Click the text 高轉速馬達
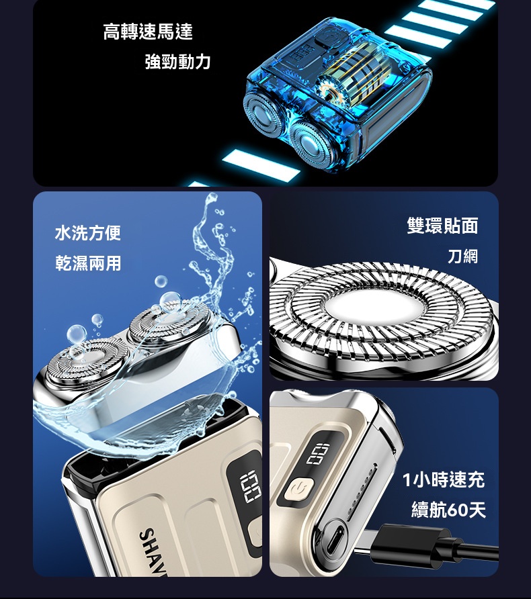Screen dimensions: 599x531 [x=148, y=32]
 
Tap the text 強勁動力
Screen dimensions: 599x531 [x=177, y=62]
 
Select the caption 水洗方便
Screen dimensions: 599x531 [x=88, y=234]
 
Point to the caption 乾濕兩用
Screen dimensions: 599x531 [x=88, y=263]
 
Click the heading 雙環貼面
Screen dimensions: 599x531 [x=442, y=226]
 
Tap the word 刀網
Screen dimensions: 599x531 [x=462, y=256]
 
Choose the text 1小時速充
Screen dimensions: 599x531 [x=443, y=480]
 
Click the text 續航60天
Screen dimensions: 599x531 [x=448, y=510]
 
